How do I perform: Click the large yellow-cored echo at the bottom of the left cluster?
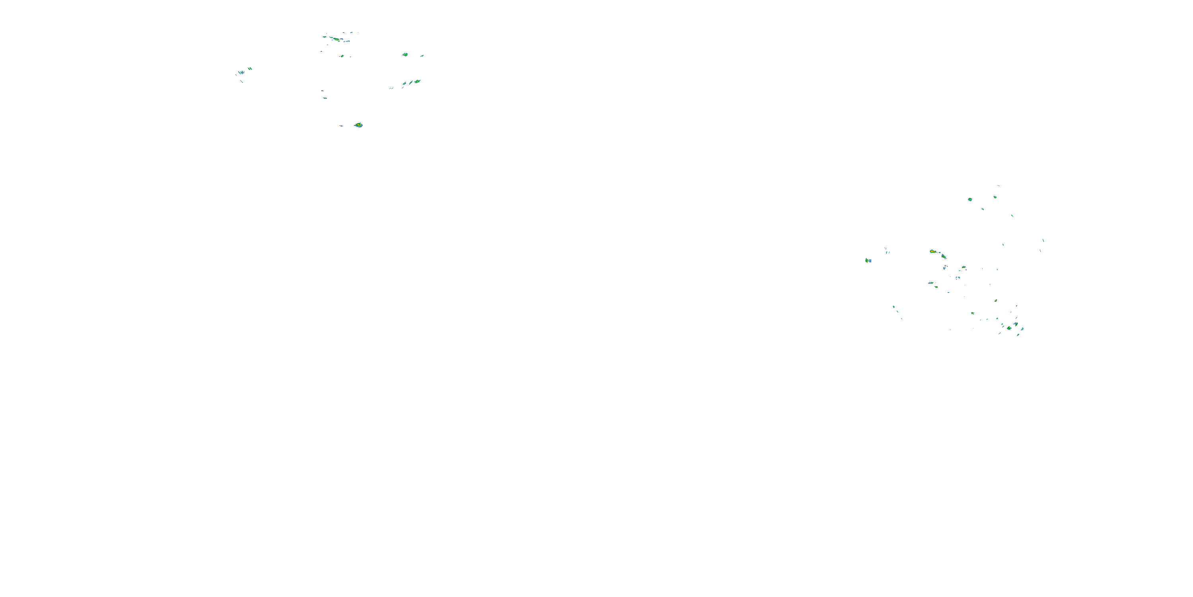coord(358,125)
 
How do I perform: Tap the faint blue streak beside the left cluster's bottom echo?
coord(341,126)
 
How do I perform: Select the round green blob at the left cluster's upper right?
coord(405,55)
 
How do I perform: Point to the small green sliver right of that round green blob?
coord(422,56)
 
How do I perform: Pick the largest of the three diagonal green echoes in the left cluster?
coord(417,81)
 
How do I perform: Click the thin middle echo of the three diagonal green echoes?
coord(411,82)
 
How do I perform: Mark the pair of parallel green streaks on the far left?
coord(250,68)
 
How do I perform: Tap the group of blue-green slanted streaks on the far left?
coord(240,72)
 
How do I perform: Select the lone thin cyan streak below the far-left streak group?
coord(242,82)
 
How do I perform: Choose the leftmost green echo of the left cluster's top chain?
coord(324,37)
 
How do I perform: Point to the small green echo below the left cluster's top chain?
coord(342,56)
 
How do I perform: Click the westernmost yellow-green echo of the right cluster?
coord(867,261)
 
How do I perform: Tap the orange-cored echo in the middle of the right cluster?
coord(932,251)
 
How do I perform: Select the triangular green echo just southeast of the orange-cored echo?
coord(943,256)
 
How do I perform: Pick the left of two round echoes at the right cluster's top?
coord(970,199)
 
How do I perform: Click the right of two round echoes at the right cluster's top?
coord(995,197)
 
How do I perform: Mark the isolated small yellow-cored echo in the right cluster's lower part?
coord(996,300)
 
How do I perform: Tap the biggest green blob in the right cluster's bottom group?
coord(1009,328)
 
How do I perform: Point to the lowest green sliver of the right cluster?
coord(1018,335)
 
